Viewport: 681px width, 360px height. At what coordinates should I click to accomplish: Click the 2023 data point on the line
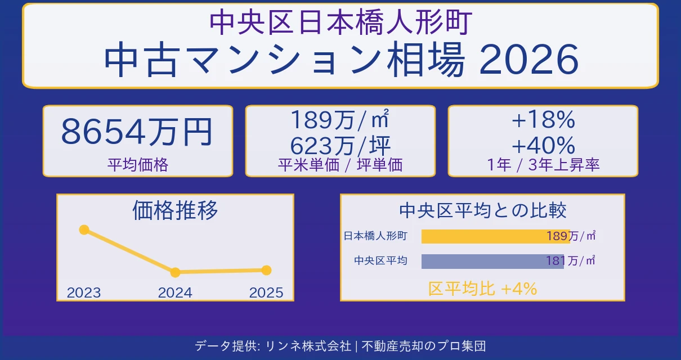[84, 229]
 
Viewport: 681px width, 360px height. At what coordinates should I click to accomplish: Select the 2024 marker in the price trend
[175, 272]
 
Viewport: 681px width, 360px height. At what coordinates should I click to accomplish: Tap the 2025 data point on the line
[267, 270]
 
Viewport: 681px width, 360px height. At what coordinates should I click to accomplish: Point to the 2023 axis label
[84, 292]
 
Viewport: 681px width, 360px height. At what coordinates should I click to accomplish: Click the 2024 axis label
[175, 292]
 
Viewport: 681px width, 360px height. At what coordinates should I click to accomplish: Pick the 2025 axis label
[266, 292]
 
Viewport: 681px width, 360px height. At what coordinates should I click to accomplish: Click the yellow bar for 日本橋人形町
[495, 236]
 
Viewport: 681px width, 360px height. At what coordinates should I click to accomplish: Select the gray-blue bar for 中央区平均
[492, 261]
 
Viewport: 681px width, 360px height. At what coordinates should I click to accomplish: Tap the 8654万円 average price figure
[137, 133]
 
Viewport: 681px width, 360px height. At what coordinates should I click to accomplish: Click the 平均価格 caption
[137, 165]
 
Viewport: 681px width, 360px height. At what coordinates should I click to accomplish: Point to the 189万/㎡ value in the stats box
[340, 120]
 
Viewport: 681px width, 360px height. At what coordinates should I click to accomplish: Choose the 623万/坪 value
[340, 146]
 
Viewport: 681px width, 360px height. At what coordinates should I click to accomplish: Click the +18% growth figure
[543, 120]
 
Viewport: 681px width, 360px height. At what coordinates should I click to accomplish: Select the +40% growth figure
[543, 146]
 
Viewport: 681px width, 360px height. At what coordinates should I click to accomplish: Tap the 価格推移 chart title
[175, 210]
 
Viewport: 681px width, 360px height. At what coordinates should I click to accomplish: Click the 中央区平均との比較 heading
[482, 210]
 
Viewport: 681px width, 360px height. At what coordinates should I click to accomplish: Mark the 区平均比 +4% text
[482, 289]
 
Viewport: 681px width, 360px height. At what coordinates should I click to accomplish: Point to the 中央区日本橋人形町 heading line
[340, 22]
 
